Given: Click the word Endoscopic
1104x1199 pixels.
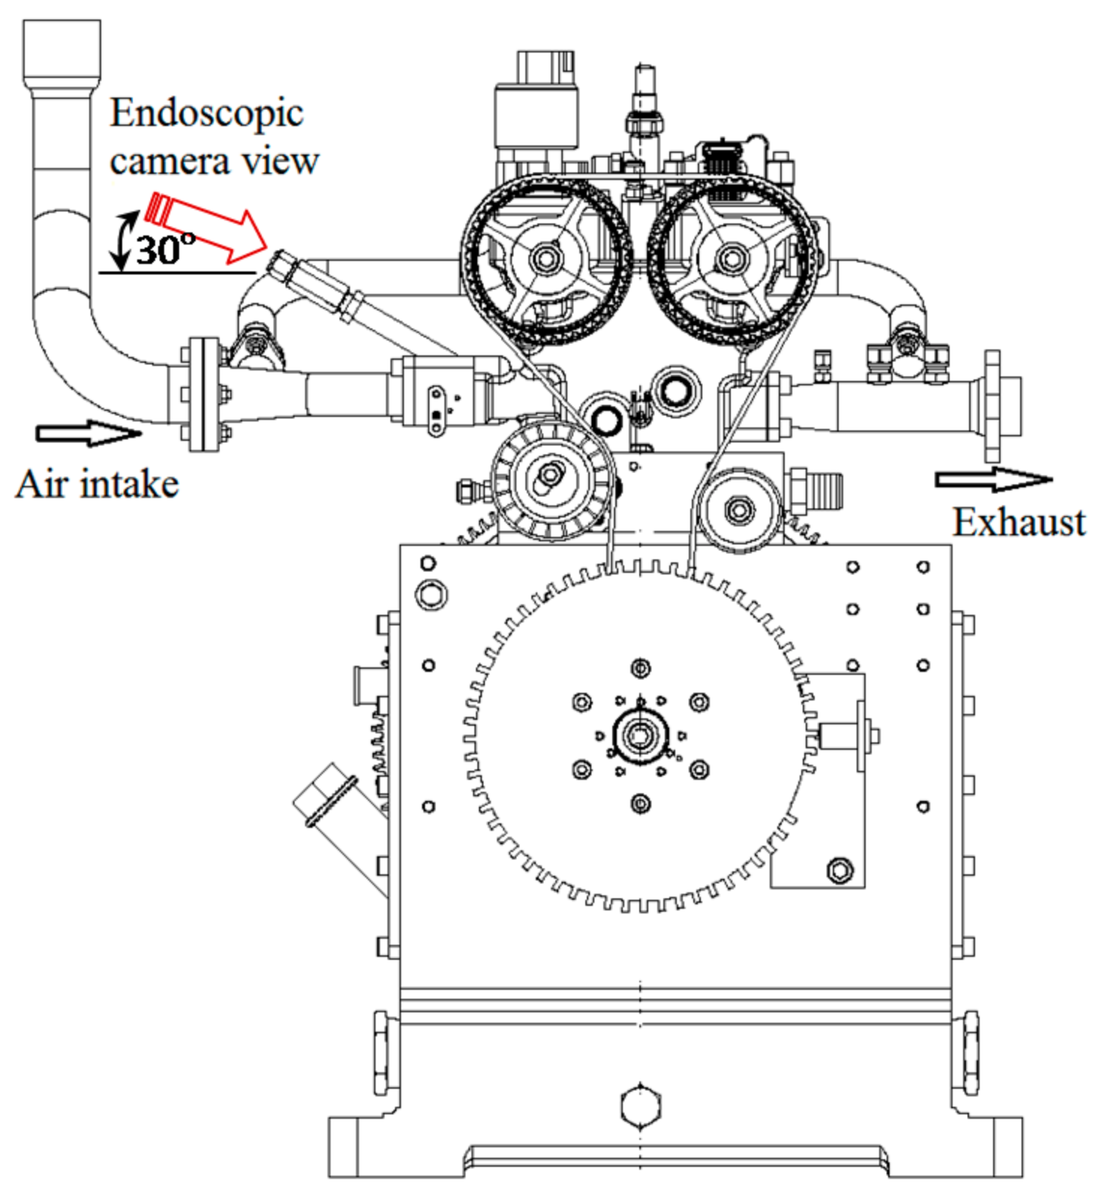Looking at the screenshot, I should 206,114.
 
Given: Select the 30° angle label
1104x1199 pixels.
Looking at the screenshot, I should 165,248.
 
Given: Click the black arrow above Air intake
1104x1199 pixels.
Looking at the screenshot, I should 88,433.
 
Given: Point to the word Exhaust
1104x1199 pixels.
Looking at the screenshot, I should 1019,522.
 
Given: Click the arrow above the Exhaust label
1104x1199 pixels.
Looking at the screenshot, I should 993,479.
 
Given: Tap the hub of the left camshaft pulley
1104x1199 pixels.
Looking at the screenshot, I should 545,259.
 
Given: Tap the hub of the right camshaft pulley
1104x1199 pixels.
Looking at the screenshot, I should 731,259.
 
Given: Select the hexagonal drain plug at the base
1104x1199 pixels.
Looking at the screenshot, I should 641,1106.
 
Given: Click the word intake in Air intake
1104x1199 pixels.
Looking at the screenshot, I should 128,484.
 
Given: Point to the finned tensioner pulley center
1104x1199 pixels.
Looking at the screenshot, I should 551,476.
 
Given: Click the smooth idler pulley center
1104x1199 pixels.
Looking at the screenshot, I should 739,510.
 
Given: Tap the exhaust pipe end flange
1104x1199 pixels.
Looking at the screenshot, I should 992,406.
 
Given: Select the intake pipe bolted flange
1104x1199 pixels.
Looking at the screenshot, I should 204,394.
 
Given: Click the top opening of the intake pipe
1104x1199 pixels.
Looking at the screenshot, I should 61,45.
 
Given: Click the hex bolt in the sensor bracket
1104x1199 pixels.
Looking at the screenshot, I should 839,870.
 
